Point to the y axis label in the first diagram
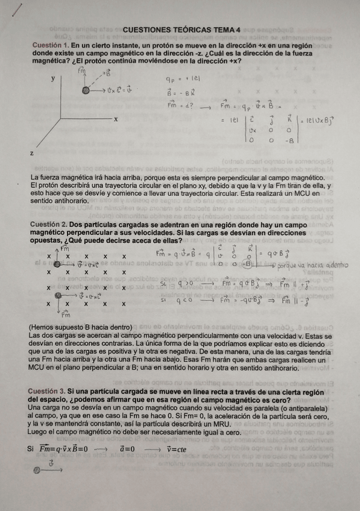click(x=52, y=78)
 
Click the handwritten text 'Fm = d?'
click(x=180, y=106)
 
